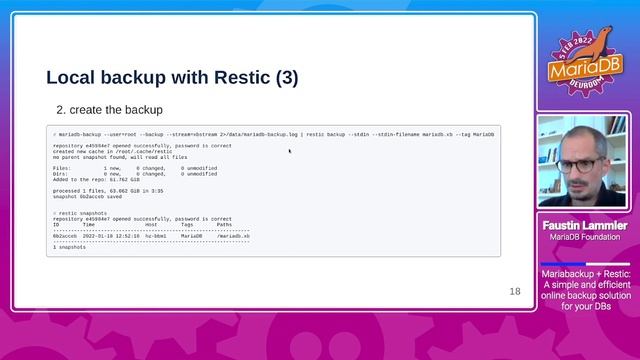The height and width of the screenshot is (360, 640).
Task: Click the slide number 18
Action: pyautogui.click(x=515, y=292)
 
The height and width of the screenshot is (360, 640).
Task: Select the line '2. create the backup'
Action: pyautogui.click(x=109, y=109)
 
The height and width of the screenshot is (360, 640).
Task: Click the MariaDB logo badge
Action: pyautogui.click(x=579, y=59)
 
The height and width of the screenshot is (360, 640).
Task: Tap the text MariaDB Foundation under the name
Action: pyautogui.click(x=586, y=237)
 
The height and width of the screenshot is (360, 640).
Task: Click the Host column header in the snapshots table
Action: pyautogui.click(x=151, y=224)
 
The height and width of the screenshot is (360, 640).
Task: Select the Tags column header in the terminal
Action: pyautogui.click(x=187, y=224)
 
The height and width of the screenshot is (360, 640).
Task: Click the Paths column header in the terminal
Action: pyautogui.click(x=224, y=224)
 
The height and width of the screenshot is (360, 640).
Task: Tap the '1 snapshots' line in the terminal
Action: pyautogui.click(x=70, y=246)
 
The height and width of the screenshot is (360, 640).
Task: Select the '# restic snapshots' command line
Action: pyautogui.click(x=80, y=213)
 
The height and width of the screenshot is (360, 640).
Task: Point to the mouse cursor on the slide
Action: pyautogui.click(x=290, y=151)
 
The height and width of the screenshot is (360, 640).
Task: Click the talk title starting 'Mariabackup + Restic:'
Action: pyautogui.click(x=586, y=272)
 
